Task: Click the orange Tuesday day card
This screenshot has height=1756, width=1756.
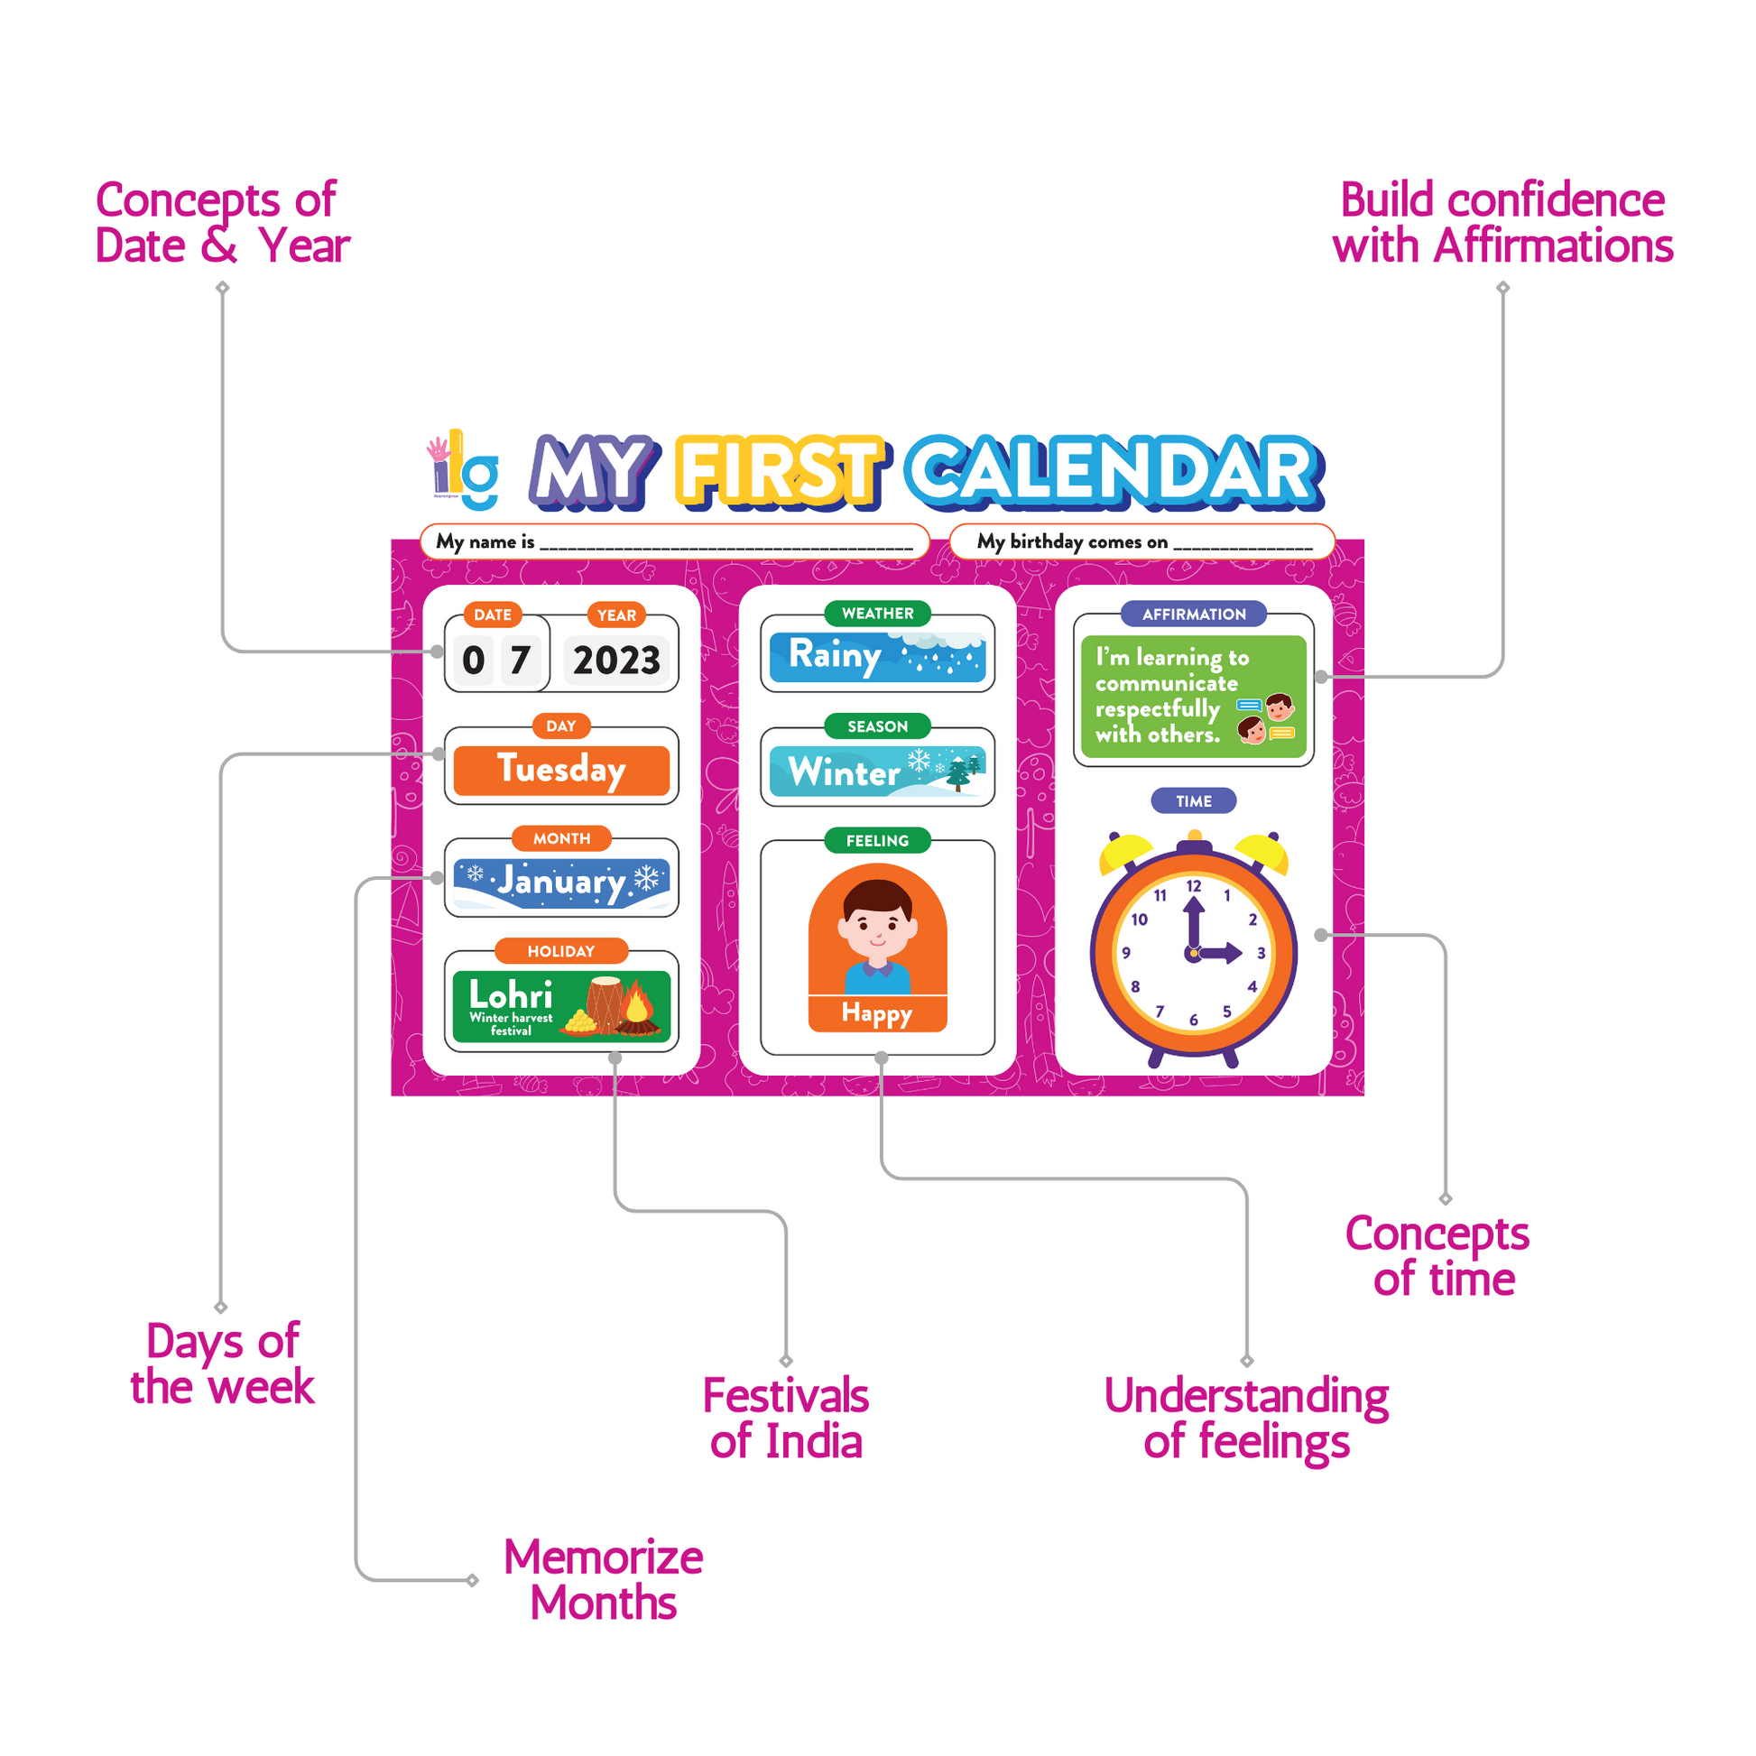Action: pyautogui.click(x=560, y=770)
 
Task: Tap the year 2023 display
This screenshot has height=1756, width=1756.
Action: pyautogui.click(x=616, y=660)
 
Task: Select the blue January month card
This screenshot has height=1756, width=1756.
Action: pyautogui.click(x=560, y=883)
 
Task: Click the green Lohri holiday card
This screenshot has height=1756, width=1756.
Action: pyautogui.click(x=560, y=1006)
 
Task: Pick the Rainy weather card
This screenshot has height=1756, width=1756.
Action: pyautogui.click(x=877, y=656)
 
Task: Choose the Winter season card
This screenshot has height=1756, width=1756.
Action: pyautogui.click(x=877, y=771)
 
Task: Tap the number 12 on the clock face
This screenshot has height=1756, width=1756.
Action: pyautogui.click(x=1194, y=886)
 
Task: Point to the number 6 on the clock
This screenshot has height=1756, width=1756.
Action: pyautogui.click(x=1194, y=1020)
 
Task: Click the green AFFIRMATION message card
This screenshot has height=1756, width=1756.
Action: pyautogui.click(x=1194, y=697)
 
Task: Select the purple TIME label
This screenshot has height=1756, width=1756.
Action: pyautogui.click(x=1194, y=800)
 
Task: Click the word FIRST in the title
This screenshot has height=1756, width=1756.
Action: pyautogui.click(x=780, y=471)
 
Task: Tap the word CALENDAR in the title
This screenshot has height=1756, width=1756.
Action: pyautogui.click(x=1115, y=471)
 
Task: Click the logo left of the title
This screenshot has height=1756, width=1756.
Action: pyautogui.click(x=464, y=469)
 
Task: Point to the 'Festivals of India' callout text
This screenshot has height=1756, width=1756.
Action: pyautogui.click(x=786, y=1419)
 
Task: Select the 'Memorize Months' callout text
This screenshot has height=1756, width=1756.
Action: pyautogui.click(x=604, y=1580)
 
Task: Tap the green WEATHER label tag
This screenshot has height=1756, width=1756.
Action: pyautogui.click(x=877, y=614)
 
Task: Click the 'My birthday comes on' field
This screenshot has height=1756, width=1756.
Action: pyautogui.click(x=1142, y=541)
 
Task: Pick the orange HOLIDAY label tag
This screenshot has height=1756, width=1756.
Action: pyautogui.click(x=560, y=951)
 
